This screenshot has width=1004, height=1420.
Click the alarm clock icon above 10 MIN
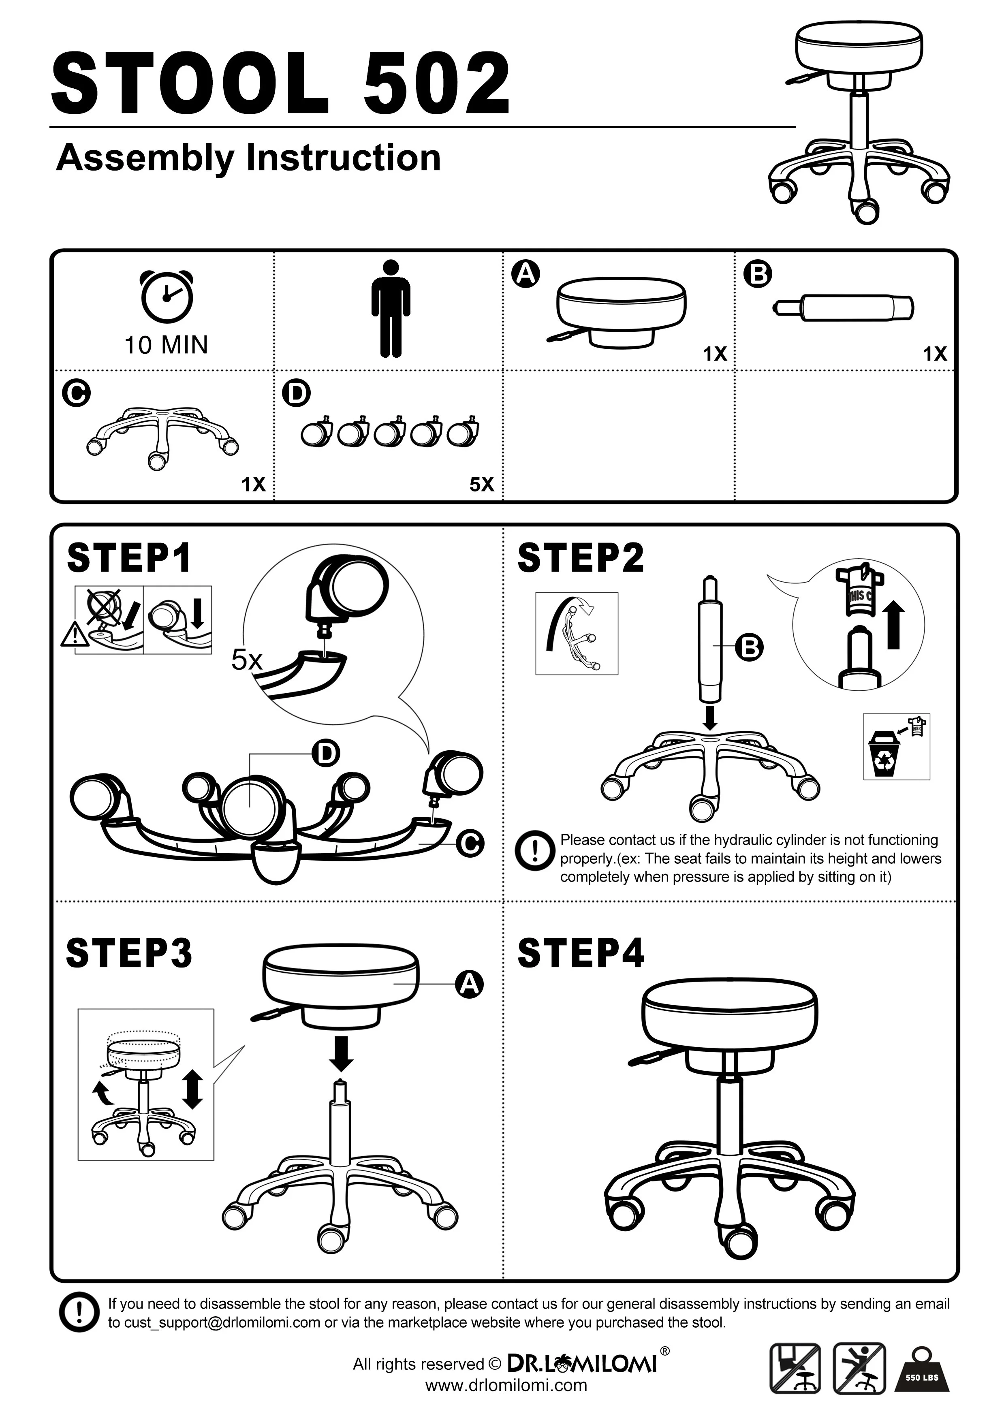(167, 296)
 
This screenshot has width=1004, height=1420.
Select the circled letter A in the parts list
(526, 273)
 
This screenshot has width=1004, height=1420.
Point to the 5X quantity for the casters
(482, 484)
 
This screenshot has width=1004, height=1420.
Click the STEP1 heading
(129, 558)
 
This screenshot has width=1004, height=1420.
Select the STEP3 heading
(129, 953)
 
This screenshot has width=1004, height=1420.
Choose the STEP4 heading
(580, 953)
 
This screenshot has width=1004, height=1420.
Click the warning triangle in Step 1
(73, 634)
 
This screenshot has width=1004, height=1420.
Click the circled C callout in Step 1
(470, 843)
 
